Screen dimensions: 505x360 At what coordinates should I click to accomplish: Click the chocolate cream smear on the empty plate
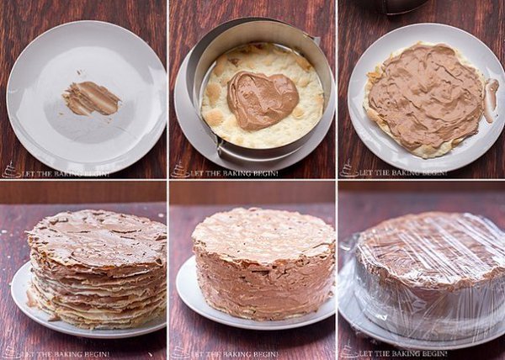tap(92, 98)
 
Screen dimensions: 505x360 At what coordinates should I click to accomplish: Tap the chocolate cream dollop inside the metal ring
tap(263, 100)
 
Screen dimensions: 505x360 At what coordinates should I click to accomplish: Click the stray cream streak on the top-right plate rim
tap(491, 100)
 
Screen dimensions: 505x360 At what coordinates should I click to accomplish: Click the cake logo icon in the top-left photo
tap(11, 171)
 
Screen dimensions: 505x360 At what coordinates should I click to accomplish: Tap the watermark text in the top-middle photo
tap(234, 174)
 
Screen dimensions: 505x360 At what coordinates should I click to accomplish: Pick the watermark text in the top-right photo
tap(403, 173)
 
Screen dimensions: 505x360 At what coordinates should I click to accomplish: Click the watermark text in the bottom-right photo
tap(403, 353)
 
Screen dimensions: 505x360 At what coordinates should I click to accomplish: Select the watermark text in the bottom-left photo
tap(66, 354)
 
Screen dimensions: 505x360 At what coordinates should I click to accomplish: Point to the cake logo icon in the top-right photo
tap(348, 169)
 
